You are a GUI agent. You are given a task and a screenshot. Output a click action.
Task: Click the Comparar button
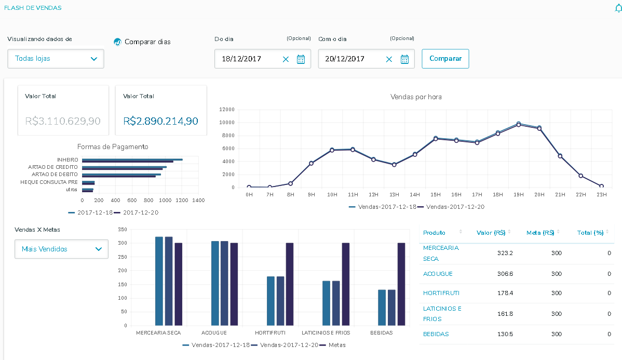click(445, 59)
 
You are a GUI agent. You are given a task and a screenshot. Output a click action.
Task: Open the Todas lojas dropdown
click(56, 59)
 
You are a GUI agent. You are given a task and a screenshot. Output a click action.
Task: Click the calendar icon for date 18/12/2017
click(301, 59)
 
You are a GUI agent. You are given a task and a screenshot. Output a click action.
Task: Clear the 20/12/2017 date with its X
click(389, 59)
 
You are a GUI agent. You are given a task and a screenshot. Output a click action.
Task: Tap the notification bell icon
click(618, 8)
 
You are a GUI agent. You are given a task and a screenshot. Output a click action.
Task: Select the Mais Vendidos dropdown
click(61, 249)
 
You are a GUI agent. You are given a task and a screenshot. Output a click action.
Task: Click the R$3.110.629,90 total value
click(63, 121)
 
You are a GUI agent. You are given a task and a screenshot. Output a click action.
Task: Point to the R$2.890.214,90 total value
click(160, 121)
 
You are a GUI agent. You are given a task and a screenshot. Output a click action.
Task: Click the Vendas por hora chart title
click(416, 97)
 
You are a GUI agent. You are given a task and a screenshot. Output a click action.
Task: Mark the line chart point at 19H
click(519, 125)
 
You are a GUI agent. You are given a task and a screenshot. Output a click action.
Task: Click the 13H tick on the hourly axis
click(394, 194)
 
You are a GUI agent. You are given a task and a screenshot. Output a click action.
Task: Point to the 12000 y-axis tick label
click(227, 110)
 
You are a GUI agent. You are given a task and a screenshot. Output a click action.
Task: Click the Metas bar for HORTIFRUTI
click(290, 284)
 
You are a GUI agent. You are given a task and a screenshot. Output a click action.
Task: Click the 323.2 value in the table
click(505, 253)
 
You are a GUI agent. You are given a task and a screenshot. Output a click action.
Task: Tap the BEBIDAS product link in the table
click(436, 334)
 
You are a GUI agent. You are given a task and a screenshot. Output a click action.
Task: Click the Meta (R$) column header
click(540, 233)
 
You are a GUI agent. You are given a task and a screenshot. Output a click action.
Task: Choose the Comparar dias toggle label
click(147, 42)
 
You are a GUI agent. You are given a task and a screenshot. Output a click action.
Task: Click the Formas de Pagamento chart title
click(113, 147)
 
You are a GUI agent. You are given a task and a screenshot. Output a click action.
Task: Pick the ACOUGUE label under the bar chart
click(213, 332)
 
